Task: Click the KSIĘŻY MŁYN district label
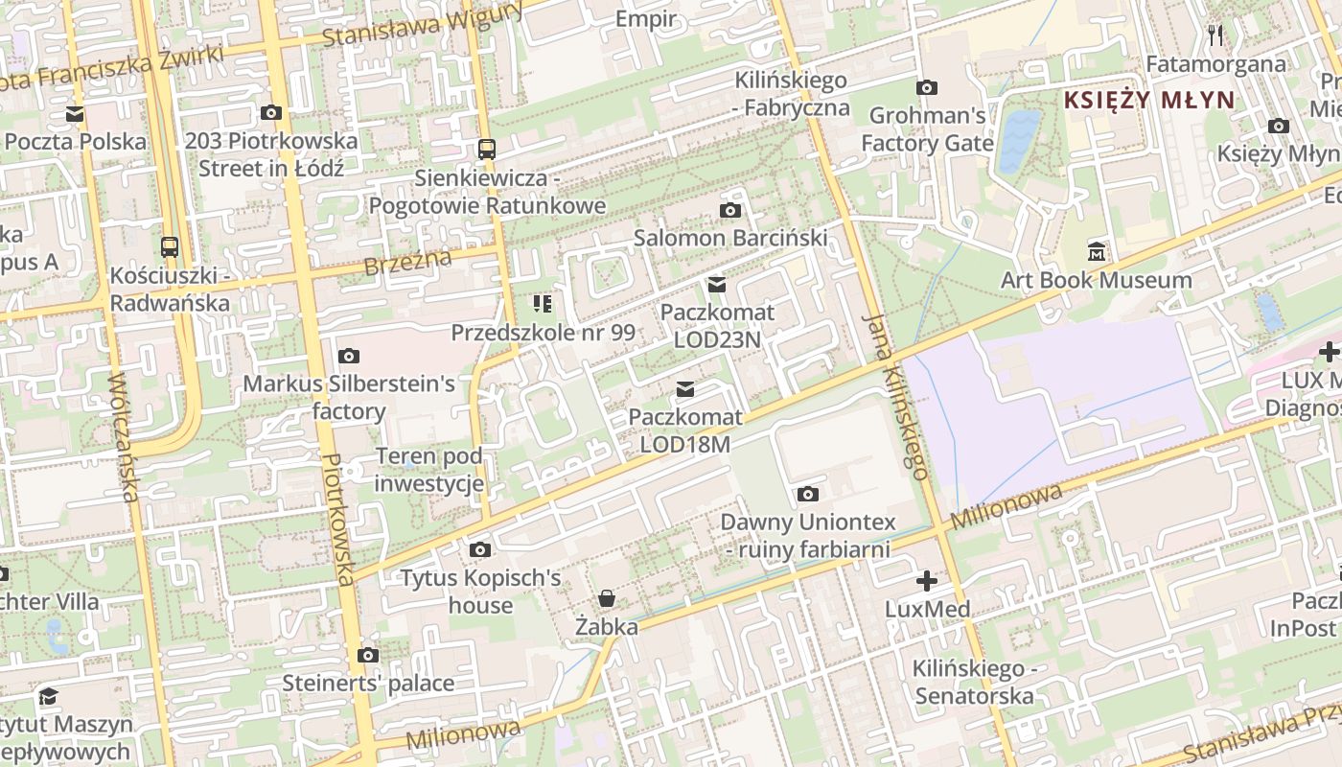(x=1149, y=100)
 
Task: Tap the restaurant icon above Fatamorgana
(x=1216, y=35)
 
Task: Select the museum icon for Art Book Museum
(x=1097, y=252)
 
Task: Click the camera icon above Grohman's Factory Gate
(x=927, y=88)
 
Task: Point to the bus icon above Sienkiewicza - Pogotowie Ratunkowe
(x=487, y=150)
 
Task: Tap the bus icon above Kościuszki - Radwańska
(x=170, y=247)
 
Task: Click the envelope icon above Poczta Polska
(x=75, y=114)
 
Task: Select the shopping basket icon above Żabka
(x=607, y=599)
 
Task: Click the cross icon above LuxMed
(x=926, y=581)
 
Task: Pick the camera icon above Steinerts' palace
(x=367, y=656)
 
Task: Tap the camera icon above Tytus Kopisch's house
(x=480, y=550)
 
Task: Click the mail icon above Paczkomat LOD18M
(x=685, y=389)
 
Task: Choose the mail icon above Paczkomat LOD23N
(x=717, y=285)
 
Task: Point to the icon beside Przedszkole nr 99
(x=543, y=305)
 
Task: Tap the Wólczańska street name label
(x=122, y=436)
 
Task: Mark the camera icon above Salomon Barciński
(x=729, y=211)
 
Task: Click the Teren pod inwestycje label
(x=428, y=470)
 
